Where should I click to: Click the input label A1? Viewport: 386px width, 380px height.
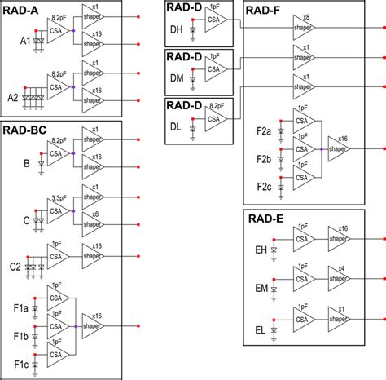click(26, 40)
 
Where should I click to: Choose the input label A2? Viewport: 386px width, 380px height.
click(14, 96)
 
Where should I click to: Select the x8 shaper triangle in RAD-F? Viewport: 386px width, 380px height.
click(305, 26)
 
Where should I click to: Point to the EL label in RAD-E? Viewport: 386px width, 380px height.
click(261, 330)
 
